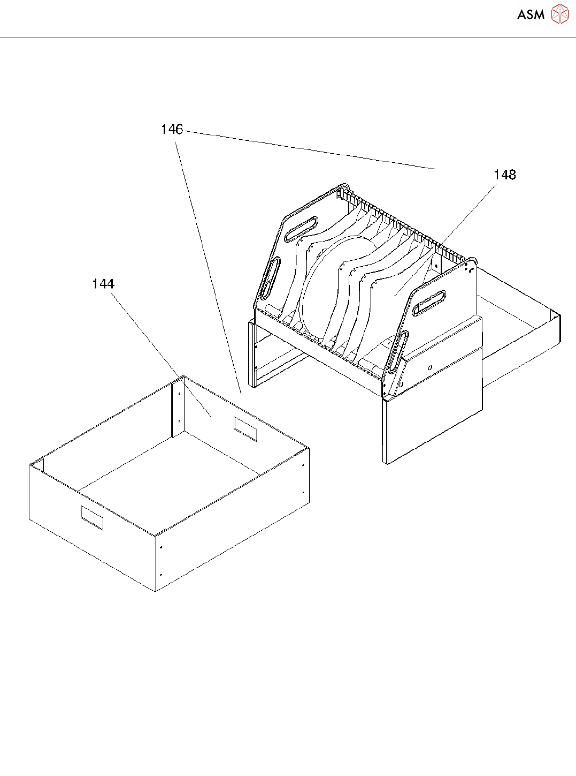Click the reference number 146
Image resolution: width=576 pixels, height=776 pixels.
[x=172, y=129]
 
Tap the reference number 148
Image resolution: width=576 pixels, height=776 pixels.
[x=504, y=175]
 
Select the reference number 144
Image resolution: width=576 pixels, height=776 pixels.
[x=103, y=284]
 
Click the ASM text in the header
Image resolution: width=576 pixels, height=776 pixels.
[x=531, y=14]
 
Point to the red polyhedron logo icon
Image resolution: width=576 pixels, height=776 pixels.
[x=559, y=14]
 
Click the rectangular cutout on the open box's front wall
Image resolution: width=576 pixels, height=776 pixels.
[x=91, y=517]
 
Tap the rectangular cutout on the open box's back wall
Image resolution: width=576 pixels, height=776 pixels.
[x=245, y=428]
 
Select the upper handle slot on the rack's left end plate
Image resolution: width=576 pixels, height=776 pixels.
[x=302, y=228]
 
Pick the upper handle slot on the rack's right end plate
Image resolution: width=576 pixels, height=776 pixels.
[x=429, y=303]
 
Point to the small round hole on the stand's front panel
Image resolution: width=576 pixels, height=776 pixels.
[x=430, y=367]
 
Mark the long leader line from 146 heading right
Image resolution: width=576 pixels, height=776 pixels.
[x=310, y=150]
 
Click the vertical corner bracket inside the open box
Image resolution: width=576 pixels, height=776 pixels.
[x=178, y=407]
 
